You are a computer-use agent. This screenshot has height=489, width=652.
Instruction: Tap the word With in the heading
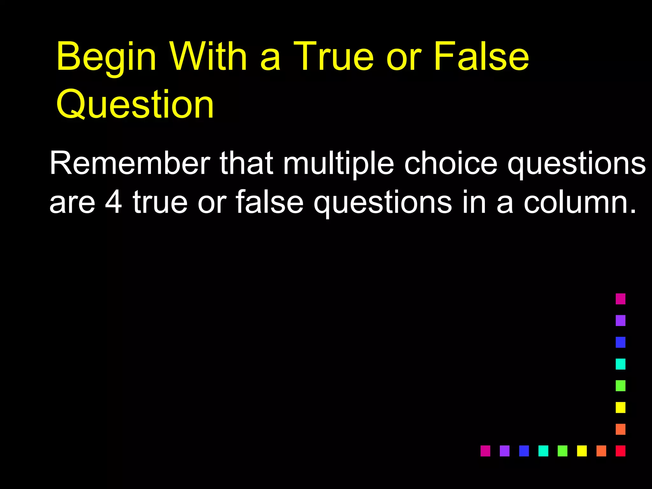209,56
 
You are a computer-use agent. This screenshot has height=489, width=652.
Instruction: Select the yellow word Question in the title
135,104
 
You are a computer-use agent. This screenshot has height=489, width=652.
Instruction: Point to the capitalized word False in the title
481,56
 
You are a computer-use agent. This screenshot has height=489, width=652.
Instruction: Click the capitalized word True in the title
333,56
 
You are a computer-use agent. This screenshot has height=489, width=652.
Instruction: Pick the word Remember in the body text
130,163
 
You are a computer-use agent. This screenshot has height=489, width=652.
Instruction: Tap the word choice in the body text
450,163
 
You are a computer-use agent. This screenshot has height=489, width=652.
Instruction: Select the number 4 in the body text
113,202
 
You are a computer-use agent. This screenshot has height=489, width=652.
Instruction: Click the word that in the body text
246,163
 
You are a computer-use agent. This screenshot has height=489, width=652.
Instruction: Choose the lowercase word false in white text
269,202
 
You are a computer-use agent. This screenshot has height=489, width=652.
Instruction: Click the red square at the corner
620,451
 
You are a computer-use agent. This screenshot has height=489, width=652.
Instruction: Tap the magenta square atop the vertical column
620,299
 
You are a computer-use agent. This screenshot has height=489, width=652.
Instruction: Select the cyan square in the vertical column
620,364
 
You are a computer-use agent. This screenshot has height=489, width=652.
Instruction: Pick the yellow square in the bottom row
582,451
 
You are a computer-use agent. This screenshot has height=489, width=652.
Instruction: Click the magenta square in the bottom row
485,451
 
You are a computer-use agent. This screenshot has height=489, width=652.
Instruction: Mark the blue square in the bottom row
524,451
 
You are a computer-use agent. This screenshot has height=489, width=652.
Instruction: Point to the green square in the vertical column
620,386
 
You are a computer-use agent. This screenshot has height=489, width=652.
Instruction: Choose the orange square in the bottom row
601,451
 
